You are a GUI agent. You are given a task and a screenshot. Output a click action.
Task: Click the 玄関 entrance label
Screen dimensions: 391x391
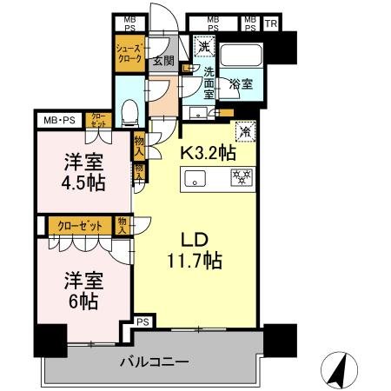pos(163,62)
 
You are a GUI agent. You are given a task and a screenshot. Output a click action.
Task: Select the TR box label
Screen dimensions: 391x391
pos(270,23)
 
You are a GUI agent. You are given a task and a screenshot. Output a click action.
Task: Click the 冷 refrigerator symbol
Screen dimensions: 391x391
pos(245,132)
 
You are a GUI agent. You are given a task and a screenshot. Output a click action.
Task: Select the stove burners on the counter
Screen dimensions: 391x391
pos(239,178)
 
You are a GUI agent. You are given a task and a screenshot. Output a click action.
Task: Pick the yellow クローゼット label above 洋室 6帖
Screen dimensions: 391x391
pos(80,225)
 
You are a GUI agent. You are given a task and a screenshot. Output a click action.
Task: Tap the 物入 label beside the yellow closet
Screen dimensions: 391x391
pos(123,226)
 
